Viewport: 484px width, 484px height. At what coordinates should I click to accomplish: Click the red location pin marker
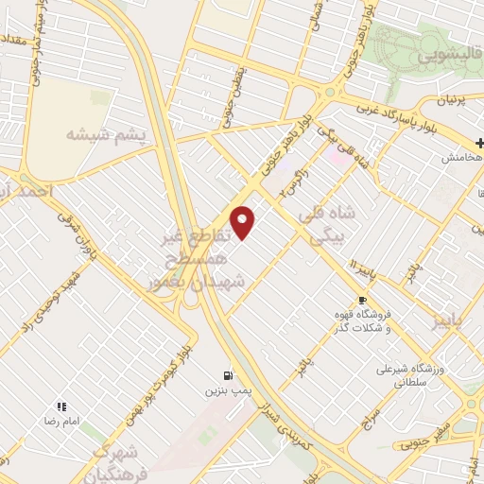coord(243,222)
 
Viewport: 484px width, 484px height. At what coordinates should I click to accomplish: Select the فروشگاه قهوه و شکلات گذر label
coord(363,321)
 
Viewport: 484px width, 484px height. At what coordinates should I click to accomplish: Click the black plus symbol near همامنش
coord(480,144)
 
